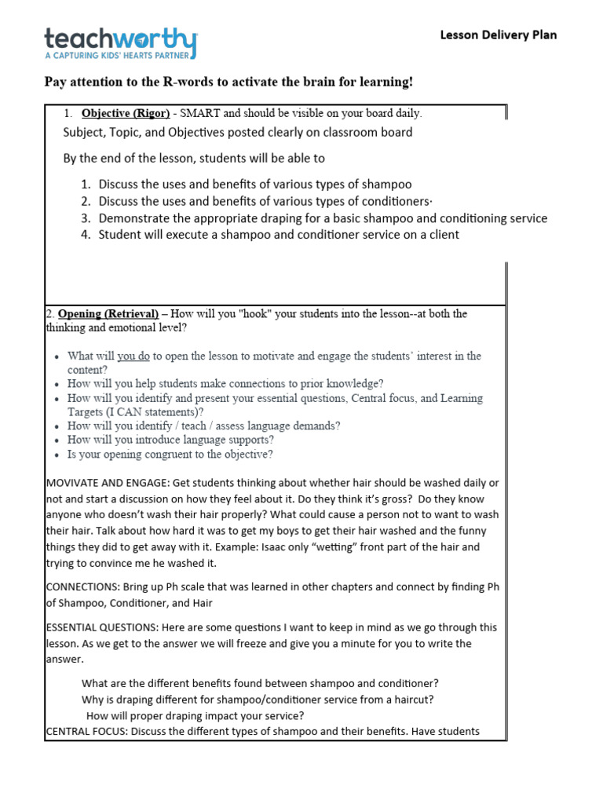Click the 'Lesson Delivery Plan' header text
point(498,35)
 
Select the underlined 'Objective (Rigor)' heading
point(126,113)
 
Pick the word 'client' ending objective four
point(442,235)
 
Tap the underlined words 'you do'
point(133,356)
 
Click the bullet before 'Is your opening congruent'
point(57,455)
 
